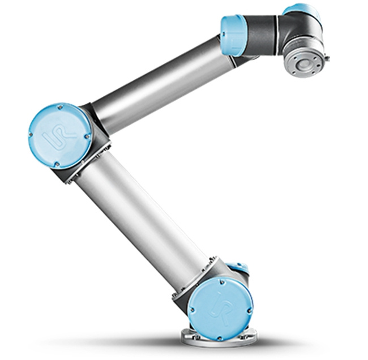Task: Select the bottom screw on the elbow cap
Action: coord(56,164)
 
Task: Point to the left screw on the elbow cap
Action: coord(30,135)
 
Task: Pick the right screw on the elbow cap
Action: coord(88,136)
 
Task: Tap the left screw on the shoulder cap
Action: coord(192,310)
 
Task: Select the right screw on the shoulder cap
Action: coord(249,311)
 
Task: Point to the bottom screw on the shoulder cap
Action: coord(220,338)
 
